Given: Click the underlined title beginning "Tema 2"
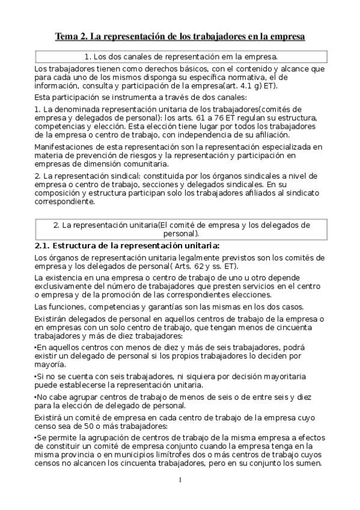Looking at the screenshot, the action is [x=180, y=37].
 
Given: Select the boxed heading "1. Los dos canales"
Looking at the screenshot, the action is [x=180, y=57].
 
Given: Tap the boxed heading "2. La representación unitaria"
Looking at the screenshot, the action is [x=180, y=229].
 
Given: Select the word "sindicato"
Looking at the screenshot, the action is [x=302, y=193].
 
